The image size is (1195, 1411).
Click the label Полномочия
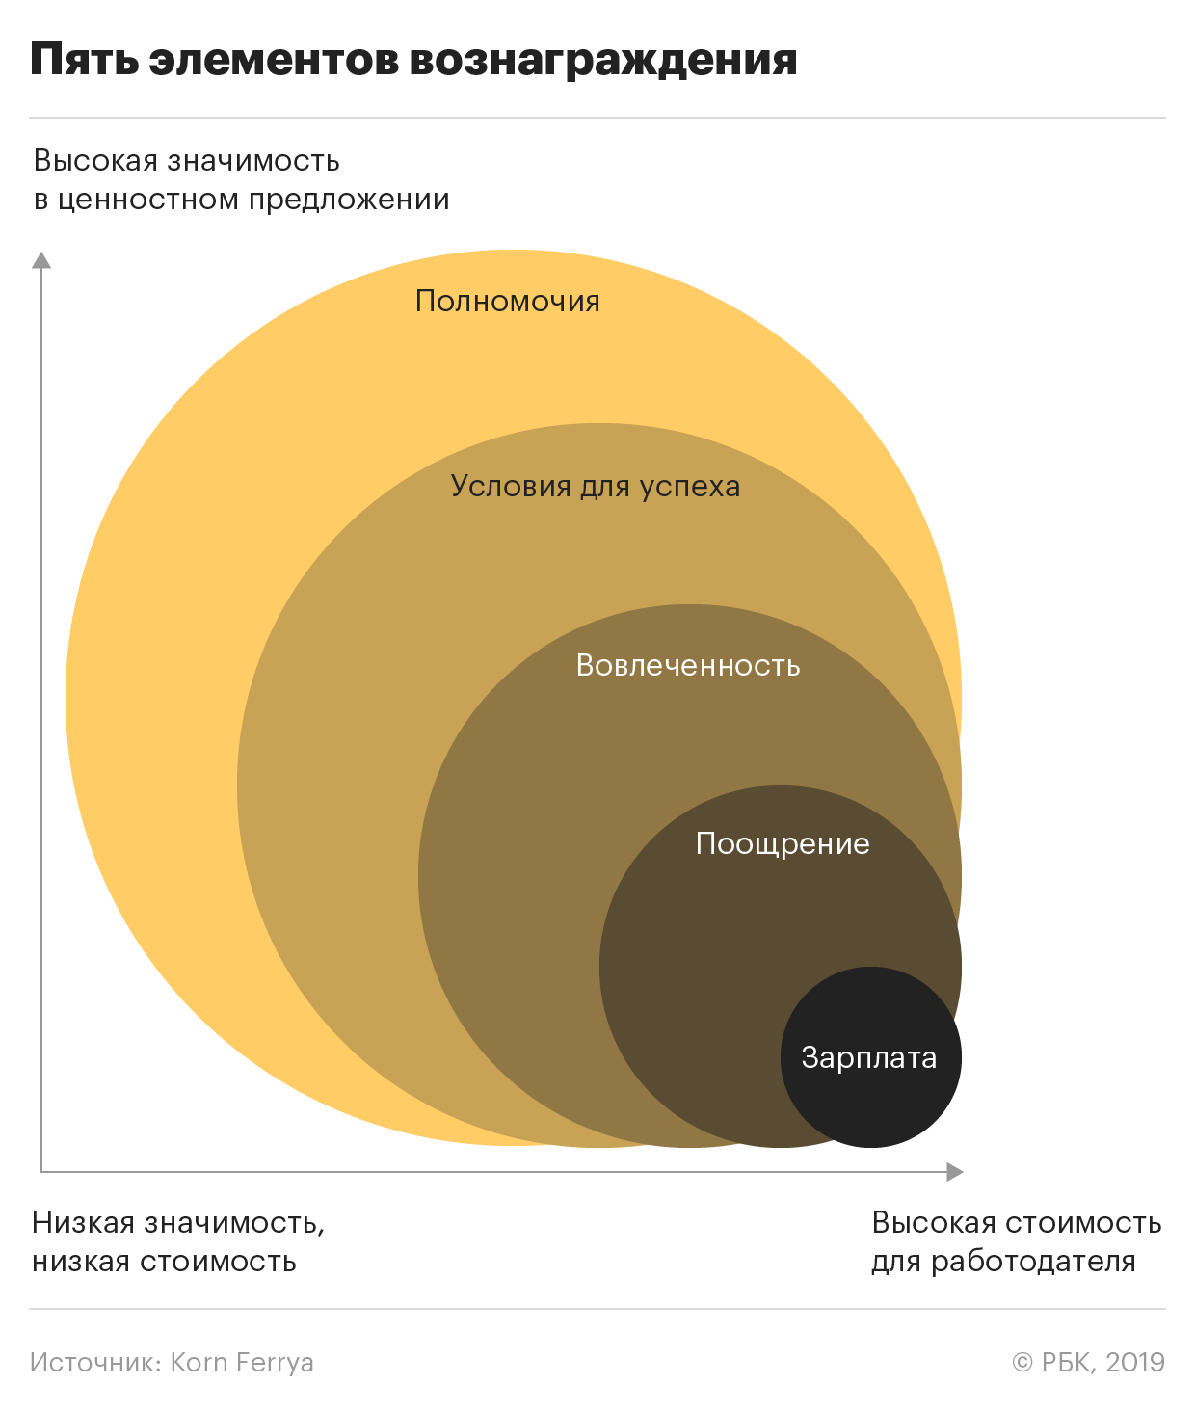[507, 301]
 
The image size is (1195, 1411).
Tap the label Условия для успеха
[596, 487]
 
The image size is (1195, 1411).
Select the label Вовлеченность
[688, 665]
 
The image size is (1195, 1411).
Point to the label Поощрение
[783, 844]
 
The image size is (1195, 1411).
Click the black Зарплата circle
[871, 1057]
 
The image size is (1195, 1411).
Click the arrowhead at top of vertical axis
[41, 260]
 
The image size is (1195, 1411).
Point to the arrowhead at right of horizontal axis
[955, 1171]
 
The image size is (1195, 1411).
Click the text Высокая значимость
[186, 161]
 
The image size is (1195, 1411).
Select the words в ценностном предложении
[242, 200]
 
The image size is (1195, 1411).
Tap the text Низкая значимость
[178, 1223]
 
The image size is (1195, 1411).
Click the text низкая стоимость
[165, 1262]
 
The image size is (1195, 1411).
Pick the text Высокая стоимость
[1016, 1223]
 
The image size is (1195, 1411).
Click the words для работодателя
[1003, 1263]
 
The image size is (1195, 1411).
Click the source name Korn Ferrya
[242, 1363]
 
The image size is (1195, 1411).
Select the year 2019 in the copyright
[1135, 1363]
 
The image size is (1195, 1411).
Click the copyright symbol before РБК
[1022, 1363]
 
